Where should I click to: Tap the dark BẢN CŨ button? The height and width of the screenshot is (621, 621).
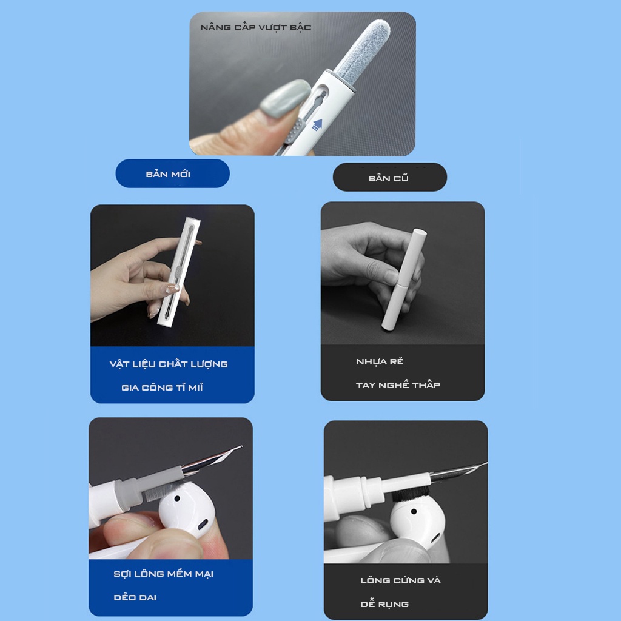[x=389, y=178]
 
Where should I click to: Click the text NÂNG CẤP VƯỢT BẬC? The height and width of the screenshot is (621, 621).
[x=255, y=28]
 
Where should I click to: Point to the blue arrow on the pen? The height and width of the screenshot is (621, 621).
[x=317, y=125]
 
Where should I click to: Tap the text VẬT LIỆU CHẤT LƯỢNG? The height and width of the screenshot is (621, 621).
[x=169, y=364]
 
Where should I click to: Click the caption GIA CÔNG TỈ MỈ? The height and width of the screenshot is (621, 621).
[x=162, y=388]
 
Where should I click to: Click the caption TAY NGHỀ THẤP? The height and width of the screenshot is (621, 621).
[x=398, y=385]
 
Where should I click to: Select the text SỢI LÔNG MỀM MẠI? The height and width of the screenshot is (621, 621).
[x=163, y=574]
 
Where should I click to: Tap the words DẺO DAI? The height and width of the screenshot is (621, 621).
[x=135, y=597]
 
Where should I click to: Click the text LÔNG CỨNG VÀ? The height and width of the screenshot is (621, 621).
[x=400, y=580]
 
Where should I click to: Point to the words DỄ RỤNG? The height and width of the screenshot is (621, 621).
[x=384, y=604]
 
